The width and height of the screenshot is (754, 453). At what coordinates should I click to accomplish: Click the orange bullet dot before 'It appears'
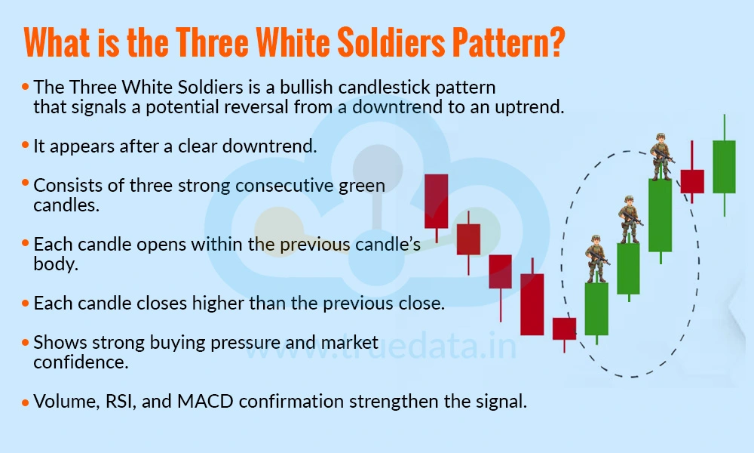click(x=26, y=145)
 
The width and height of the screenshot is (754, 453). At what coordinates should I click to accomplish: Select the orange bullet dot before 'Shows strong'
click(x=26, y=342)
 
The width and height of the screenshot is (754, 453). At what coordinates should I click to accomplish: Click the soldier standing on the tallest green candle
click(x=661, y=157)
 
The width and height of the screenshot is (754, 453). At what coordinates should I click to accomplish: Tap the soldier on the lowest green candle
click(x=597, y=259)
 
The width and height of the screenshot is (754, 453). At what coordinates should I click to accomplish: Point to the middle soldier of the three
click(x=629, y=220)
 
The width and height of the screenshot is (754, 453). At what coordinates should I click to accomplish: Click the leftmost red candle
click(x=436, y=201)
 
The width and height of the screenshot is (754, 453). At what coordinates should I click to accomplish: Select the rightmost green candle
click(x=724, y=166)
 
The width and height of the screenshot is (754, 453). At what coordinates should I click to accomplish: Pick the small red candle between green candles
click(x=692, y=181)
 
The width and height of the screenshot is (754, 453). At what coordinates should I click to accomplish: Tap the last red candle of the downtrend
click(x=564, y=328)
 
